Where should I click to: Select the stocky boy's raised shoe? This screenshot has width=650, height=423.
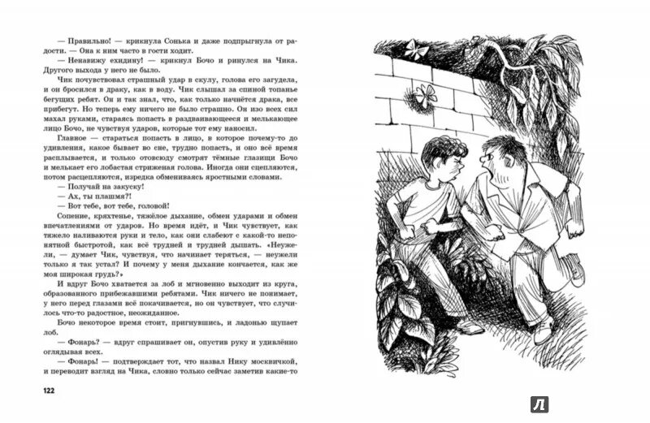click(x=574, y=267)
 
